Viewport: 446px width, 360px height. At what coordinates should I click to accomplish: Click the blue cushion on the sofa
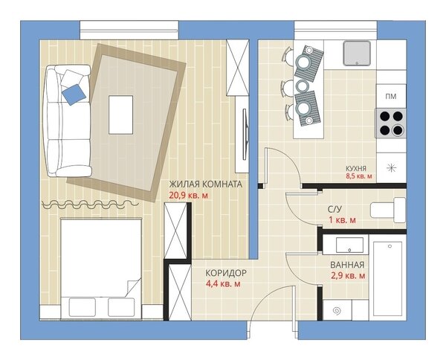pyautogui.click(x=74, y=94)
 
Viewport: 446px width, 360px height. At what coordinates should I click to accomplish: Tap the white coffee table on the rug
pyautogui.click(x=120, y=115)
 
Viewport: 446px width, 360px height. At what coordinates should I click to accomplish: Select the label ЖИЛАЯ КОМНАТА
pyautogui.click(x=206, y=184)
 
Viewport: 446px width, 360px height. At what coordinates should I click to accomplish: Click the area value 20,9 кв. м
pyautogui.click(x=188, y=196)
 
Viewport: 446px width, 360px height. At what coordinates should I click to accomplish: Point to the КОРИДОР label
pyautogui.click(x=226, y=273)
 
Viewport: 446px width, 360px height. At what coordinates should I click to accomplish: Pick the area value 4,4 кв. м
pyautogui.click(x=223, y=283)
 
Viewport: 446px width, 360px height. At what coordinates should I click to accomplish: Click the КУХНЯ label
pyautogui.click(x=356, y=168)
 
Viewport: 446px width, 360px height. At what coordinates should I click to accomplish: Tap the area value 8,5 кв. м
pyautogui.click(x=359, y=176)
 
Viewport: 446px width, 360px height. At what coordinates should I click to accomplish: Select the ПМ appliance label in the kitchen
pyautogui.click(x=391, y=97)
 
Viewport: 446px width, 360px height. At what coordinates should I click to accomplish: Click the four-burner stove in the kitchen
pyautogui.click(x=391, y=123)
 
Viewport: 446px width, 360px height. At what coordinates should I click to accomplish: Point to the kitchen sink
pyautogui.click(x=357, y=54)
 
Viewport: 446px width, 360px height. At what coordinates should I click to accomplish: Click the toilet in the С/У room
pyautogui.click(x=388, y=210)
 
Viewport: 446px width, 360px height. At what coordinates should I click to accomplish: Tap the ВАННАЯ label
pyautogui.click(x=347, y=265)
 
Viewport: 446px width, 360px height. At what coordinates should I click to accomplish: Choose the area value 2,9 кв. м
pyautogui.click(x=348, y=276)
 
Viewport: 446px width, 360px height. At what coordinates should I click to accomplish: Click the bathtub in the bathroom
pyautogui.click(x=387, y=279)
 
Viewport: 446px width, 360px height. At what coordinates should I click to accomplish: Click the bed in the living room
pyautogui.click(x=101, y=268)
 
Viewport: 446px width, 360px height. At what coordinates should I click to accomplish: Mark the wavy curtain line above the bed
pyautogui.click(x=90, y=204)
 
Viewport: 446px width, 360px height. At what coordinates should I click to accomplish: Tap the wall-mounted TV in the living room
pyautogui.click(x=245, y=135)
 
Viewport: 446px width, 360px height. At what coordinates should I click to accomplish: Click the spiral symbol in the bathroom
pyautogui.click(x=337, y=311)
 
